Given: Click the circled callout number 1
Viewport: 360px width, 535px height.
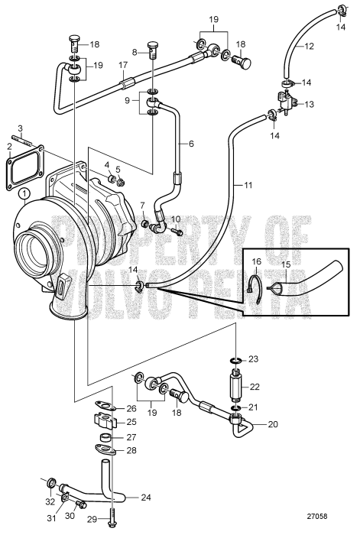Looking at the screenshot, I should (x=25, y=193).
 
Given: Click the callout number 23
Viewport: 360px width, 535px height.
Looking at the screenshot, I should (x=255, y=358).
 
